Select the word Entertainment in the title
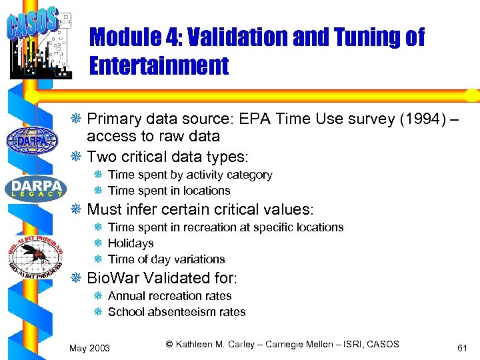point(159,65)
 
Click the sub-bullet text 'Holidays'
point(131,243)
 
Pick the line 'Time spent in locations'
point(169,191)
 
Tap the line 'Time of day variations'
point(166,259)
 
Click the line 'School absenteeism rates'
point(177,312)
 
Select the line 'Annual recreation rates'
point(169,296)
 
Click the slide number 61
point(461,348)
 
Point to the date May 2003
point(90,348)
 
